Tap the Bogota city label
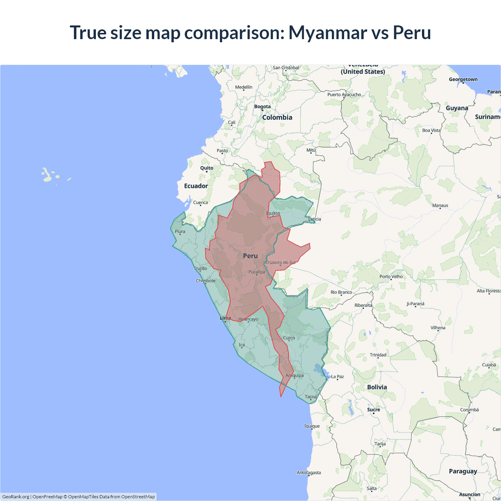pos(262,106)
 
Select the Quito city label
pos(207,168)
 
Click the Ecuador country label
pos(196,186)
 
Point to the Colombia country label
pos(277,117)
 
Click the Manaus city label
pos(440,205)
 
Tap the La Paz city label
pos(337,377)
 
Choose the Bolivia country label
pos(377,387)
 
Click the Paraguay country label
pos(463,471)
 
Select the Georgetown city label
pos(463,79)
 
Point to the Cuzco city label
pos(289,338)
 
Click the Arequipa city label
pos(294,375)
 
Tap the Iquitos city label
pos(273,213)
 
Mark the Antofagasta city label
pos(308,472)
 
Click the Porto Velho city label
pos(391,276)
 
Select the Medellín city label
pos(243,87)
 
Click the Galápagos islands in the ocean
pos(48,175)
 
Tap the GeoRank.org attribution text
pos(16,497)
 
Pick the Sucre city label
pos(373,410)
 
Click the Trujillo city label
pos(200,269)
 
